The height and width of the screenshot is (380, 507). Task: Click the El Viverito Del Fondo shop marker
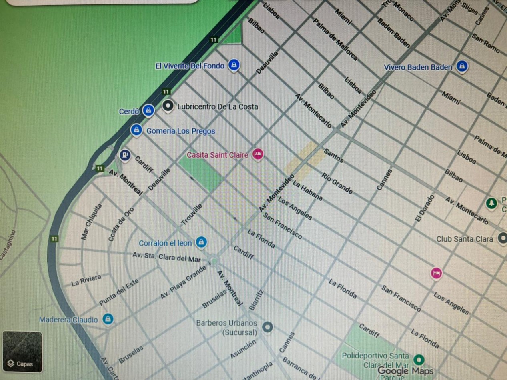point(234,64)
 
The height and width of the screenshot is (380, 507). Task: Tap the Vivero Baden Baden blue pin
point(462,66)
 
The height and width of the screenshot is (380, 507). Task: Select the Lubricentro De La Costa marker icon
point(168,106)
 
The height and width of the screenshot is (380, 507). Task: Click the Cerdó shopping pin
point(148,110)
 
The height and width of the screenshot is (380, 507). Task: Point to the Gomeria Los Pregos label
point(180,131)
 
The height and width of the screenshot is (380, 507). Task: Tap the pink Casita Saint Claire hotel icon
point(258,154)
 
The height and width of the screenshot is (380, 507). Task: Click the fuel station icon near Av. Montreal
point(125,155)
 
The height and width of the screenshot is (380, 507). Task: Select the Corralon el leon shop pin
point(201,242)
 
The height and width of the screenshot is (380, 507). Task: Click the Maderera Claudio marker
point(107,319)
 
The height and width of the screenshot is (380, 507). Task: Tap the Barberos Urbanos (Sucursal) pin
point(267,327)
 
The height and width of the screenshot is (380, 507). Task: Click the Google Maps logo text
point(405,371)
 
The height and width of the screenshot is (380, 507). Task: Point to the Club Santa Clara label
point(464,239)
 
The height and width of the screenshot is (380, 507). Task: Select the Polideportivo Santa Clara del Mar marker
point(419,358)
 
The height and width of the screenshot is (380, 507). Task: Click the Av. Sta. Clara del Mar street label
point(166,256)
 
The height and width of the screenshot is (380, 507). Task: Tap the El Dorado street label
point(424,208)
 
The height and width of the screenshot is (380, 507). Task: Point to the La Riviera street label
point(86,280)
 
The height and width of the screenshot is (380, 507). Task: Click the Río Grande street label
point(337,184)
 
